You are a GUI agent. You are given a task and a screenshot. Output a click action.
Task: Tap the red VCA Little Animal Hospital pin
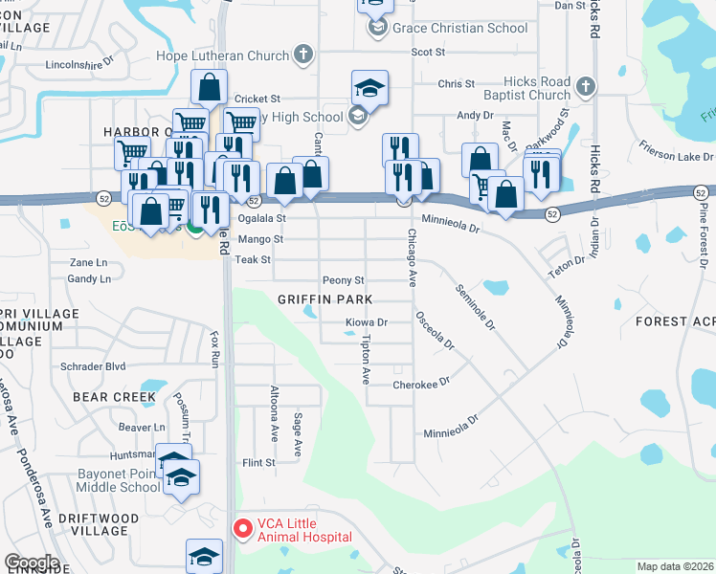(244, 526)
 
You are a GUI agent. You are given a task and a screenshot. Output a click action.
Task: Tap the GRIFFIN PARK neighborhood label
(324, 299)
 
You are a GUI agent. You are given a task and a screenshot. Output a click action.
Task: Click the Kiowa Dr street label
(367, 322)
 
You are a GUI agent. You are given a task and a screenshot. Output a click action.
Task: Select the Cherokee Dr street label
(420, 385)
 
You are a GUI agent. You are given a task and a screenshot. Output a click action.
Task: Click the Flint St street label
(258, 463)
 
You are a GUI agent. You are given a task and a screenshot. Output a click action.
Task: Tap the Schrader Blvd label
(93, 365)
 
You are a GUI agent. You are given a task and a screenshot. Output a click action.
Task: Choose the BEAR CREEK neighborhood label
(114, 396)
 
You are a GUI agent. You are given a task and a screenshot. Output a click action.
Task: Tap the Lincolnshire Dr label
(79, 68)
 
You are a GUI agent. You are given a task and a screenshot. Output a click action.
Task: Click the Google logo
(32, 563)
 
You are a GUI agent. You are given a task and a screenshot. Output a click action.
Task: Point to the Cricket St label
(257, 99)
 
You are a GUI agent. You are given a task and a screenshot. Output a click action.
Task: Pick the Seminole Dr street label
(475, 307)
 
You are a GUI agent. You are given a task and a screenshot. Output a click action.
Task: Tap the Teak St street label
(254, 259)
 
